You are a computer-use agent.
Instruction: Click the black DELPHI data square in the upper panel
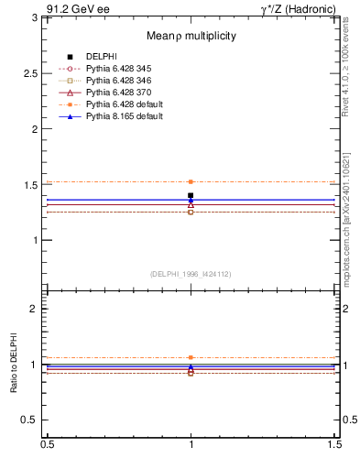pyautogui.click(x=191, y=195)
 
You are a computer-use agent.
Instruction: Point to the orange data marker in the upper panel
pyautogui.click(x=191, y=181)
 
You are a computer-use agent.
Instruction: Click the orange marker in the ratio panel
pyautogui.click(x=191, y=357)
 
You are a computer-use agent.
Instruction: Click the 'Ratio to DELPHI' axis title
pyautogui.click(x=14, y=365)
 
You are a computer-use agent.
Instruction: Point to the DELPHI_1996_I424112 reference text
pyautogui.click(x=191, y=273)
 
